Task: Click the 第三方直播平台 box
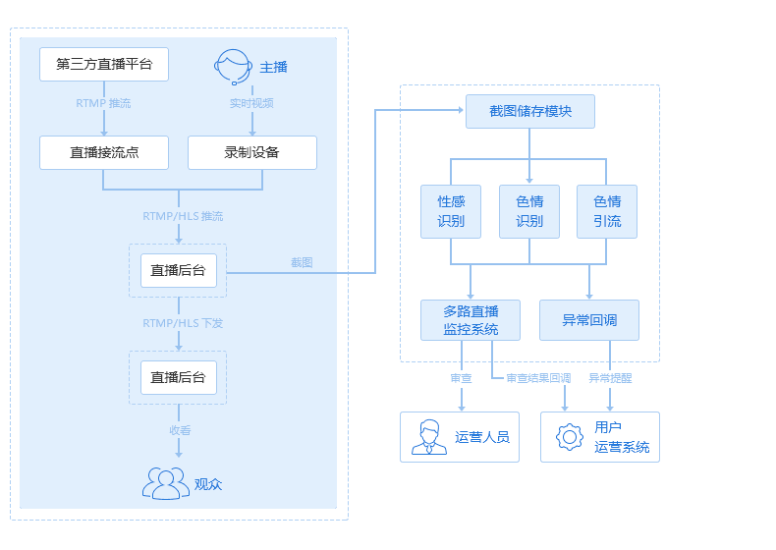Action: pos(104,65)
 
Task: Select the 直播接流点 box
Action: pos(104,152)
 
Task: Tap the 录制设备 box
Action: pos(252,152)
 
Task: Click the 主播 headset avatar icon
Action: pos(233,67)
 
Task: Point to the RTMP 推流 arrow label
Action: pos(103,103)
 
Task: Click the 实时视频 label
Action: pos(251,103)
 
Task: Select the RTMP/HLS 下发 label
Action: pos(183,323)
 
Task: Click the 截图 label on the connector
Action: pos(302,262)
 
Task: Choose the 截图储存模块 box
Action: pos(530,111)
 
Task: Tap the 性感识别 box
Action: pos(451,211)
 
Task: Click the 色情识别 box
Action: pos(529,211)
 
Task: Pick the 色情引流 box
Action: pos(607,211)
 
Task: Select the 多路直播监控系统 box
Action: pos(471,320)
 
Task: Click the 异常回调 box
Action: pos(589,320)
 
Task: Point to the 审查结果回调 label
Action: pos(538,378)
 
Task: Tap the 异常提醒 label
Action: pos(610,378)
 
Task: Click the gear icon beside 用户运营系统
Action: pos(570,437)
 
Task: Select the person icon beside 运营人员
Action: pos(429,437)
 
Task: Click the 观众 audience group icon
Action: pos(166,483)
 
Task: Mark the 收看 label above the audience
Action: pos(180,430)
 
